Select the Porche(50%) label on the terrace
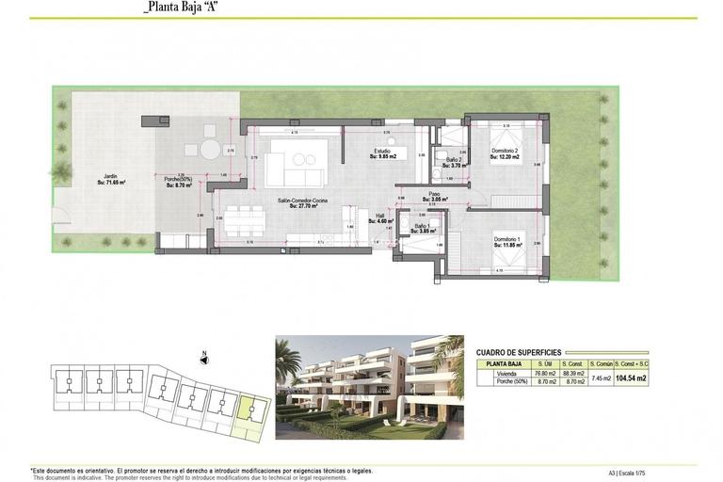click(178, 180)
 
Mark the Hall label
click(380, 217)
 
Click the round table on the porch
click(207, 150)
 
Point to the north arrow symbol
click(202, 359)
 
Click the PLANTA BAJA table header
click(502, 362)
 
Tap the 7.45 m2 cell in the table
click(601, 378)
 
